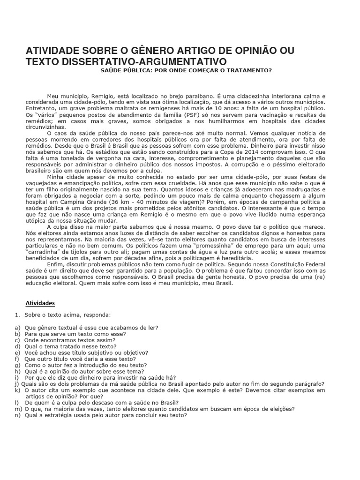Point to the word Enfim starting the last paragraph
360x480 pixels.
(56, 264)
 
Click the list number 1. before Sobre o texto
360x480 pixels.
(17, 315)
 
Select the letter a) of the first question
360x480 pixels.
(17, 328)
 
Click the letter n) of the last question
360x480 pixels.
(17, 415)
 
